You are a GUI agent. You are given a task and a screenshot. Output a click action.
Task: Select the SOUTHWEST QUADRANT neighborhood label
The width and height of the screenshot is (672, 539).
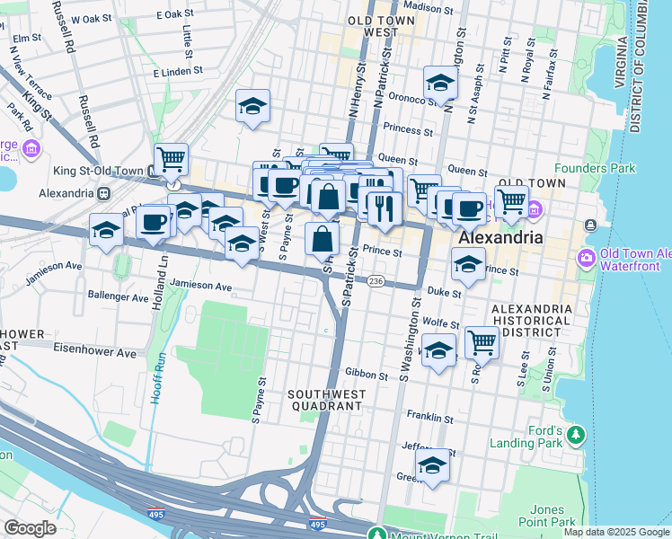tap(325, 400)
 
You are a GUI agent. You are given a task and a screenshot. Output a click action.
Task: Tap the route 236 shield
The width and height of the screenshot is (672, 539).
tap(376, 281)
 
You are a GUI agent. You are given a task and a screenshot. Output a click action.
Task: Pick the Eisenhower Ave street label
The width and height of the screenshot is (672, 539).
tap(93, 353)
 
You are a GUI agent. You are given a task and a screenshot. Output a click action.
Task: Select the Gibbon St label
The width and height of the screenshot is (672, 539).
tap(367, 375)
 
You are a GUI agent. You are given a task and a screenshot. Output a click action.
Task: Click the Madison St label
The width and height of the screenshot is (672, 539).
tap(422, 8)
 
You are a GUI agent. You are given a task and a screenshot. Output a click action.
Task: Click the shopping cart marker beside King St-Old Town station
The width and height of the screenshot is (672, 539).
tap(171, 160)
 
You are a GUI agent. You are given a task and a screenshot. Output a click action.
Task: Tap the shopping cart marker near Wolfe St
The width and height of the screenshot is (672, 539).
tap(482, 342)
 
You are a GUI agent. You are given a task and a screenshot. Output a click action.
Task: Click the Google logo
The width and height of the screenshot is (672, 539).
tap(30, 528)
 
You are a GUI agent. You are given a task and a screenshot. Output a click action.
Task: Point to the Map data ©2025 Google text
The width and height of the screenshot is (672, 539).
tap(615, 532)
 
